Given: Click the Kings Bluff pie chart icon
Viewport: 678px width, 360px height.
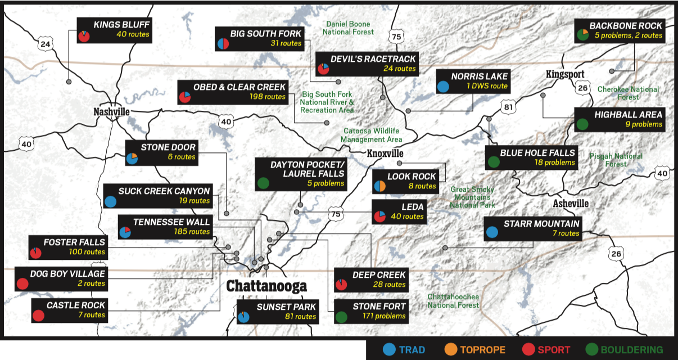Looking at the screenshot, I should coord(83,36).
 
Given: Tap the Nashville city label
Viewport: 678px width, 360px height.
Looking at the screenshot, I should coord(111,112).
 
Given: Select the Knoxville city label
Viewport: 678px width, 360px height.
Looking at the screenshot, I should coord(385,154).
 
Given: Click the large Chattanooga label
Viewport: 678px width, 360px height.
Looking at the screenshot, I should coord(266,286).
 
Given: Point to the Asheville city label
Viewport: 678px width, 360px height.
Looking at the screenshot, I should coord(571,203).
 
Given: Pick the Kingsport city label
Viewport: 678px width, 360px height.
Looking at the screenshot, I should coord(566,74).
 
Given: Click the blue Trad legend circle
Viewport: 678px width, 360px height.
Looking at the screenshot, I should coord(387,349).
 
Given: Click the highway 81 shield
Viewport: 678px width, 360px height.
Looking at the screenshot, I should coord(509,107).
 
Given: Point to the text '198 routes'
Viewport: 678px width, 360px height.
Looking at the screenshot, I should coord(268,97).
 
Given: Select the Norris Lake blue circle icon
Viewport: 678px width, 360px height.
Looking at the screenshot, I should coord(443,87).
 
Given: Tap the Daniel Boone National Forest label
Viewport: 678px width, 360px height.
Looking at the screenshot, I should coord(350,28).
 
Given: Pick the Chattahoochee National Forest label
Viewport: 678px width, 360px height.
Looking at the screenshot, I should coord(453,300).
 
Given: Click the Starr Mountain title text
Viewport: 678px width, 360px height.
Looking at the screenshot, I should coord(541,224).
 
